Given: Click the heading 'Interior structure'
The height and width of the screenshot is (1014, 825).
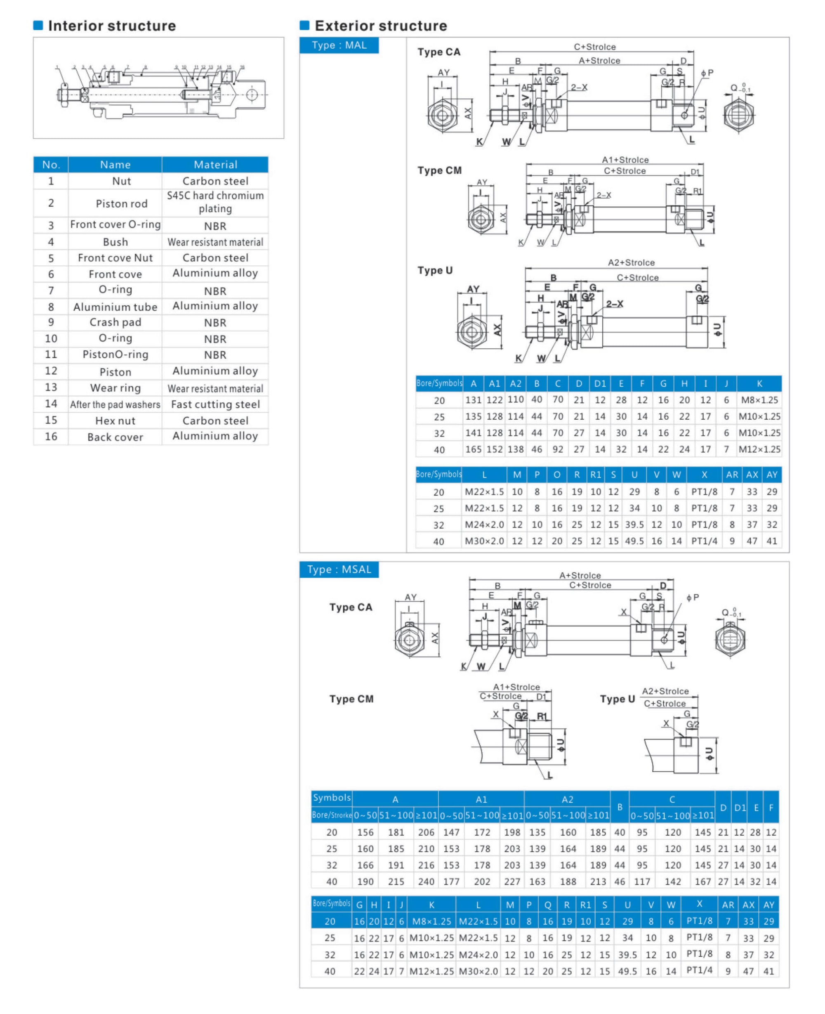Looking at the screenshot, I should click(x=112, y=26).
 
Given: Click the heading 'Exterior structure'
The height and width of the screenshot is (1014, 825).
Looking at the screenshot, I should click(x=381, y=26).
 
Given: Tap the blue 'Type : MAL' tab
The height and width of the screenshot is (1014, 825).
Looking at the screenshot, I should click(x=339, y=45).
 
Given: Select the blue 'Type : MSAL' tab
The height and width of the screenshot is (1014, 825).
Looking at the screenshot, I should click(x=339, y=569).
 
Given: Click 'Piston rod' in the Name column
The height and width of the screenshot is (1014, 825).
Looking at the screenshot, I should click(x=121, y=203).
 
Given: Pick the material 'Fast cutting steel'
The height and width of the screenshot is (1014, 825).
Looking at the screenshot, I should click(x=215, y=404).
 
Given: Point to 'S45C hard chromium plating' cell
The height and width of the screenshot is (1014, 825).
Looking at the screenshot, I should click(x=215, y=202).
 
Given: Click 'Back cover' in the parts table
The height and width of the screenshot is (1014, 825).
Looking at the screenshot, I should click(x=115, y=437).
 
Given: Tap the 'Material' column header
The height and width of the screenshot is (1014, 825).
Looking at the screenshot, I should click(x=215, y=165).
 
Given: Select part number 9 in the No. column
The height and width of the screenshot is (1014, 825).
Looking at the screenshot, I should click(x=51, y=322).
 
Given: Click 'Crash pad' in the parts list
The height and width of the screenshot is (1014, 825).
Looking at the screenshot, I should click(x=115, y=322).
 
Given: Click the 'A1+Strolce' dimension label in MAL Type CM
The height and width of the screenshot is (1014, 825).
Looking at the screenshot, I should click(x=625, y=160).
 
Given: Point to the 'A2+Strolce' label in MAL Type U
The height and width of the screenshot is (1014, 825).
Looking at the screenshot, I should click(x=631, y=262).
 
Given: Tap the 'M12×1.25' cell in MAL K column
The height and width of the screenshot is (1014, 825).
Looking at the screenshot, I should click(x=759, y=449).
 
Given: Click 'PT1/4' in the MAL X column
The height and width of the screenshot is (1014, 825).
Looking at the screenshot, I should click(x=704, y=541).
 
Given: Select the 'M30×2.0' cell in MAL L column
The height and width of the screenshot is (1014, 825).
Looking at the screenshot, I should click(x=484, y=541).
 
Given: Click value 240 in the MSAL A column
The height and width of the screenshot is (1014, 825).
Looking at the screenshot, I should click(x=426, y=882).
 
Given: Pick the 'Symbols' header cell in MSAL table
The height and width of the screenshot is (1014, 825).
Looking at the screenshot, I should click(x=332, y=797).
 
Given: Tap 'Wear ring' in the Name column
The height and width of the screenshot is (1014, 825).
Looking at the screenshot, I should click(x=115, y=388).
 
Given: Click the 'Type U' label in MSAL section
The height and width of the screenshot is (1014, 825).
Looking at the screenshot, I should click(x=617, y=699).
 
